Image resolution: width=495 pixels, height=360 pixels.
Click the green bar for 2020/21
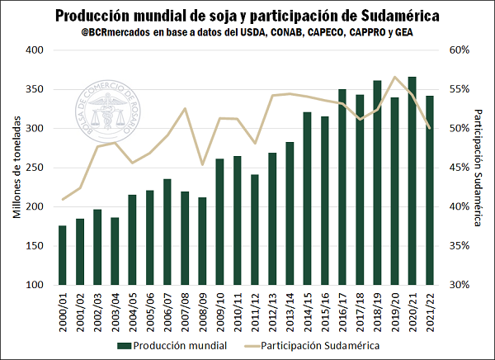[412, 181]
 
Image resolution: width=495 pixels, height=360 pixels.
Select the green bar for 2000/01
[62, 255]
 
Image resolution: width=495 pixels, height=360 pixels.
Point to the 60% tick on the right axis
[460, 50]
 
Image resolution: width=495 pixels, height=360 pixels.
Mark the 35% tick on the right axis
[460, 246]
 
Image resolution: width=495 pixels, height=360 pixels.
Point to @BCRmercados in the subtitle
[116, 33]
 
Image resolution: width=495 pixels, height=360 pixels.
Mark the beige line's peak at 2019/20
[394, 77]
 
